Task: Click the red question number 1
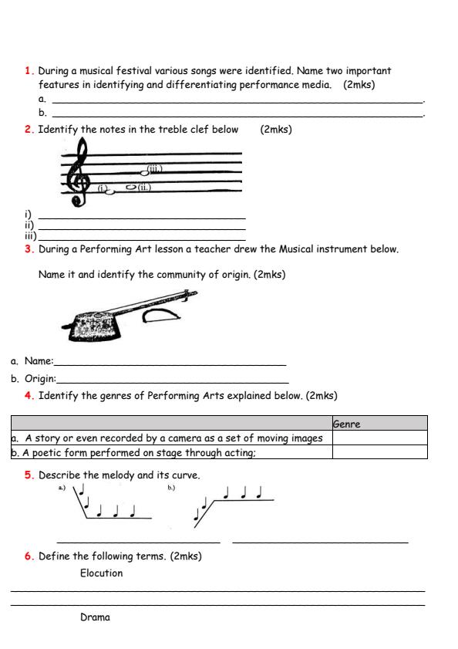pyautogui.click(x=29, y=70)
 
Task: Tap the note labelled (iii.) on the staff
pyautogui.click(x=144, y=174)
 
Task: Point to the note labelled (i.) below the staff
pyautogui.click(x=108, y=191)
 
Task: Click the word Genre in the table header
pyautogui.click(x=346, y=424)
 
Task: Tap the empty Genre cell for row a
pyautogui.click(x=379, y=438)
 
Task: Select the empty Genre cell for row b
pyautogui.click(x=379, y=453)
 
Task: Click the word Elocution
pyautogui.click(x=101, y=573)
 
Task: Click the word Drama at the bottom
pyautogui.click(x=95, y=617)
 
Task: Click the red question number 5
pyautogui.click(x=29, y=475)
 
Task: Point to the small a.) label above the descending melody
pyautogui.click(x=62, y=488)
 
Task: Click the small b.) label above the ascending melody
pyautogui.click(x=171, y=488)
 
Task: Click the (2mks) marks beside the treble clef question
pyautogui.click(x=276, y=130)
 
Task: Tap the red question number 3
pyautogui.click(x=29, y=249)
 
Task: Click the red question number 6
pyautogui.click(x=29, y=556)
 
